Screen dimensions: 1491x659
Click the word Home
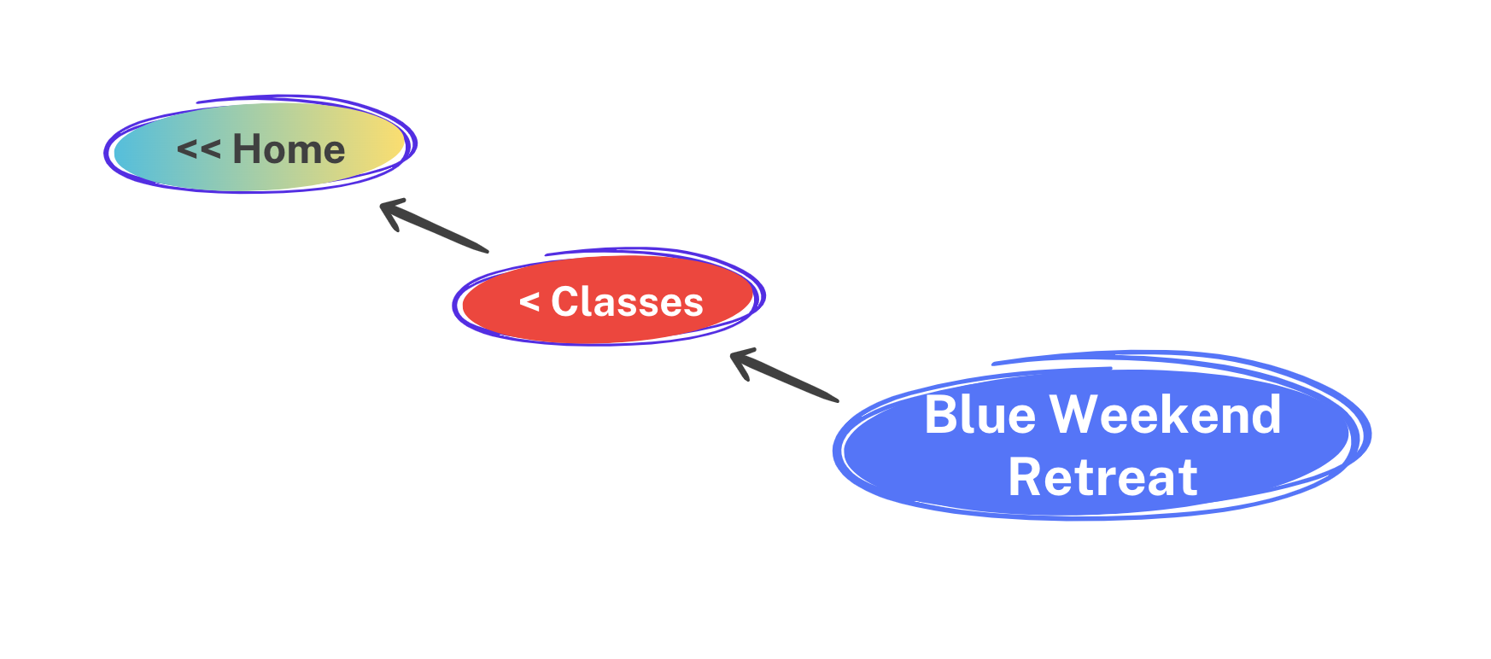pos(289,149)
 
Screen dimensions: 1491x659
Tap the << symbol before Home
pos(199,150)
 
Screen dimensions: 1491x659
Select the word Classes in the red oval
pos(628,301)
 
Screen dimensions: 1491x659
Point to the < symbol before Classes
pos(529,302)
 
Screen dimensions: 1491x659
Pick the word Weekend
pos(1166,415)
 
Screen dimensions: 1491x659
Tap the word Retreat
pos(1102,477)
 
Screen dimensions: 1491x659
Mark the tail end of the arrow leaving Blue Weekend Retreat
pos(837,399)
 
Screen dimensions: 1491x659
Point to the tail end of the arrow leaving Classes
pos(487,251)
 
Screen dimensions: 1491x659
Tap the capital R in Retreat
pos(1025,477)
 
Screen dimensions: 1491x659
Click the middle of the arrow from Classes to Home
pos(434,227)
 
